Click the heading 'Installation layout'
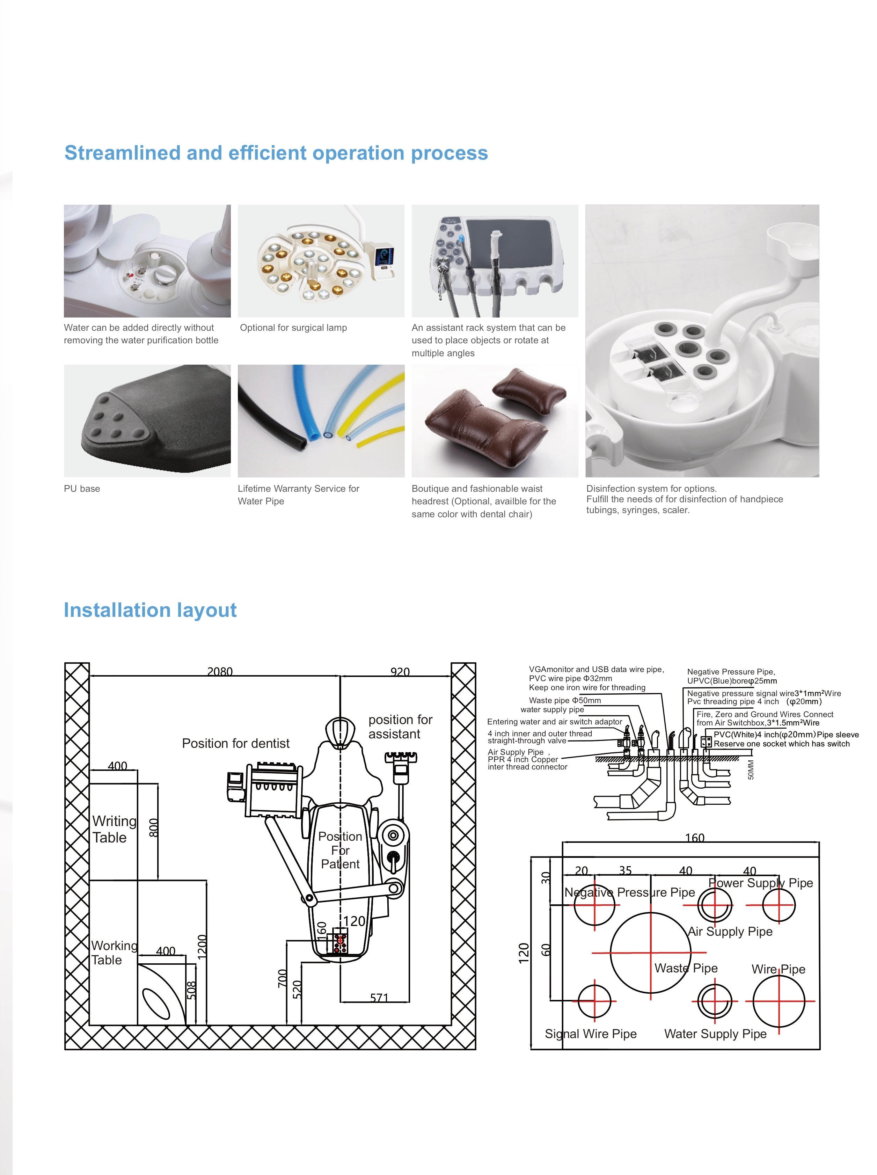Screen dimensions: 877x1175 [x=150, y=610]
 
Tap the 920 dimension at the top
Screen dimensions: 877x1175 [x=400, y=672]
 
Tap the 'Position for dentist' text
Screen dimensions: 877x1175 [x=236, y=743]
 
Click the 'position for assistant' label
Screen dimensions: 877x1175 [x=400, y=727]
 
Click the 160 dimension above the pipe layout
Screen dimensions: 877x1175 [x=694, y=838]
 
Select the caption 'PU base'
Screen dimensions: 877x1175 [x=82, y=488]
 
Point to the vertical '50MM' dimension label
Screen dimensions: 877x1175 [x=751, y=770]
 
